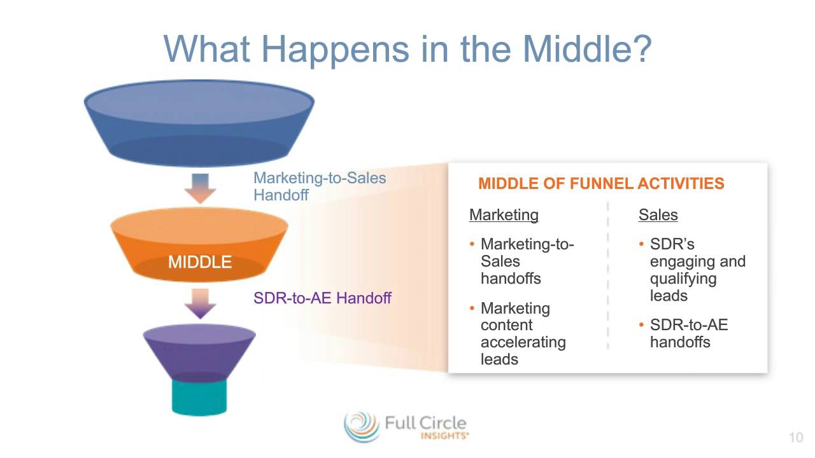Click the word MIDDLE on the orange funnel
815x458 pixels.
[x=200, y=261]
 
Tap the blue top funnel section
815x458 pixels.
[x=199, y=123]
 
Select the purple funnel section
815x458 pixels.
[x=199, y=352]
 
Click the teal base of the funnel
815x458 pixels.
[x=199, y=398]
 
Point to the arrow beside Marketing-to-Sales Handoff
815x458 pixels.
[x=200, y=189]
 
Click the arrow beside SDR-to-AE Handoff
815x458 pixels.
[x=200, y=304]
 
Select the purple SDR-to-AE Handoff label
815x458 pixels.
[x=322, y=298]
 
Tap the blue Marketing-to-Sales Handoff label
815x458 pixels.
[x=320, y=186]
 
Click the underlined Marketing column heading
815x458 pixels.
[x=504, y=215]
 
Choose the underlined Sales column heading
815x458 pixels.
[x=658, y=215]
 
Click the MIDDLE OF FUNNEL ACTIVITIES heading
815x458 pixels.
[x=601, y=183]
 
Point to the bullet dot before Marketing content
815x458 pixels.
[x=472, y=309]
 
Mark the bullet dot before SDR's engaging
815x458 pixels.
[x=641, y=244]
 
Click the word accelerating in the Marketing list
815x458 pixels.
[x=523, y=342]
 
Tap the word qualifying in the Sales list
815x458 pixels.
[x=683, y=279]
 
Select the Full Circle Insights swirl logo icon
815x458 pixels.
[x=362, y=427]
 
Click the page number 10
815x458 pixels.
[x=796, y=437]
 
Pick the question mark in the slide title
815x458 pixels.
[x=641, y=49]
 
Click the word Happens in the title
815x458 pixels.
[x=336, y=51]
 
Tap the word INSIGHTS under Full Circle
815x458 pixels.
[x=444, y=436]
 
